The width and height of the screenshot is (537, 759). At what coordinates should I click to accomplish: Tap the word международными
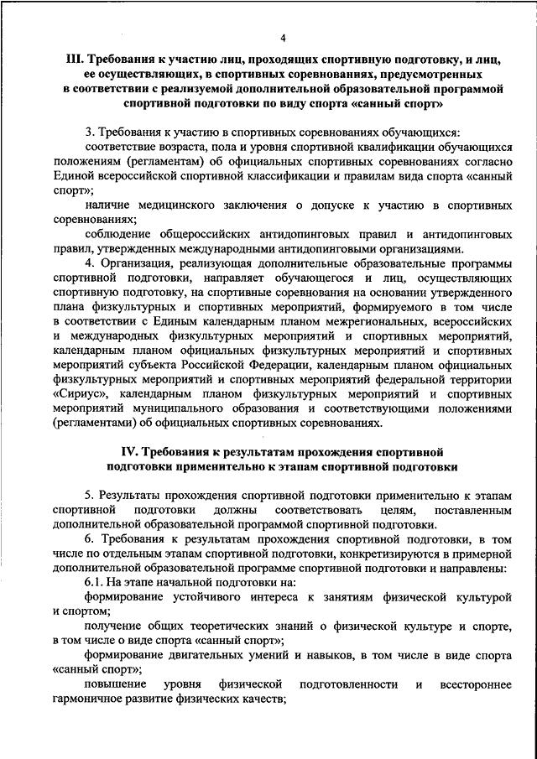pyautogui.click(x=279, y=248)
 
